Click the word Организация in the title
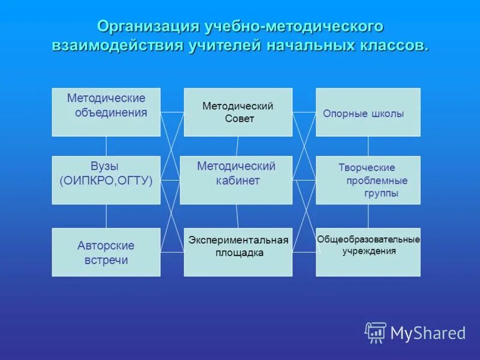148,27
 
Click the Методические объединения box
106,112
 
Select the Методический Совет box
238,112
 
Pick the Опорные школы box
368,112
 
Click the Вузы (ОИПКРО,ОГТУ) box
106,180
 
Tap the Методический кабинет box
236,180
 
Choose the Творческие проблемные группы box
368,180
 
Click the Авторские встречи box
106,252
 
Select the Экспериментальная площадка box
238,252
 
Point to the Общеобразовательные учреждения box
368,252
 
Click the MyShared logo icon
376,332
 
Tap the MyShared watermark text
428,333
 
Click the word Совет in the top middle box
239,119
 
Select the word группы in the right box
381,194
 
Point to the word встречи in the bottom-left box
106,260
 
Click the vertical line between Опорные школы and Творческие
368,146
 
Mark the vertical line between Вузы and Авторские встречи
106,216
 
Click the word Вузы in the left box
105,166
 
